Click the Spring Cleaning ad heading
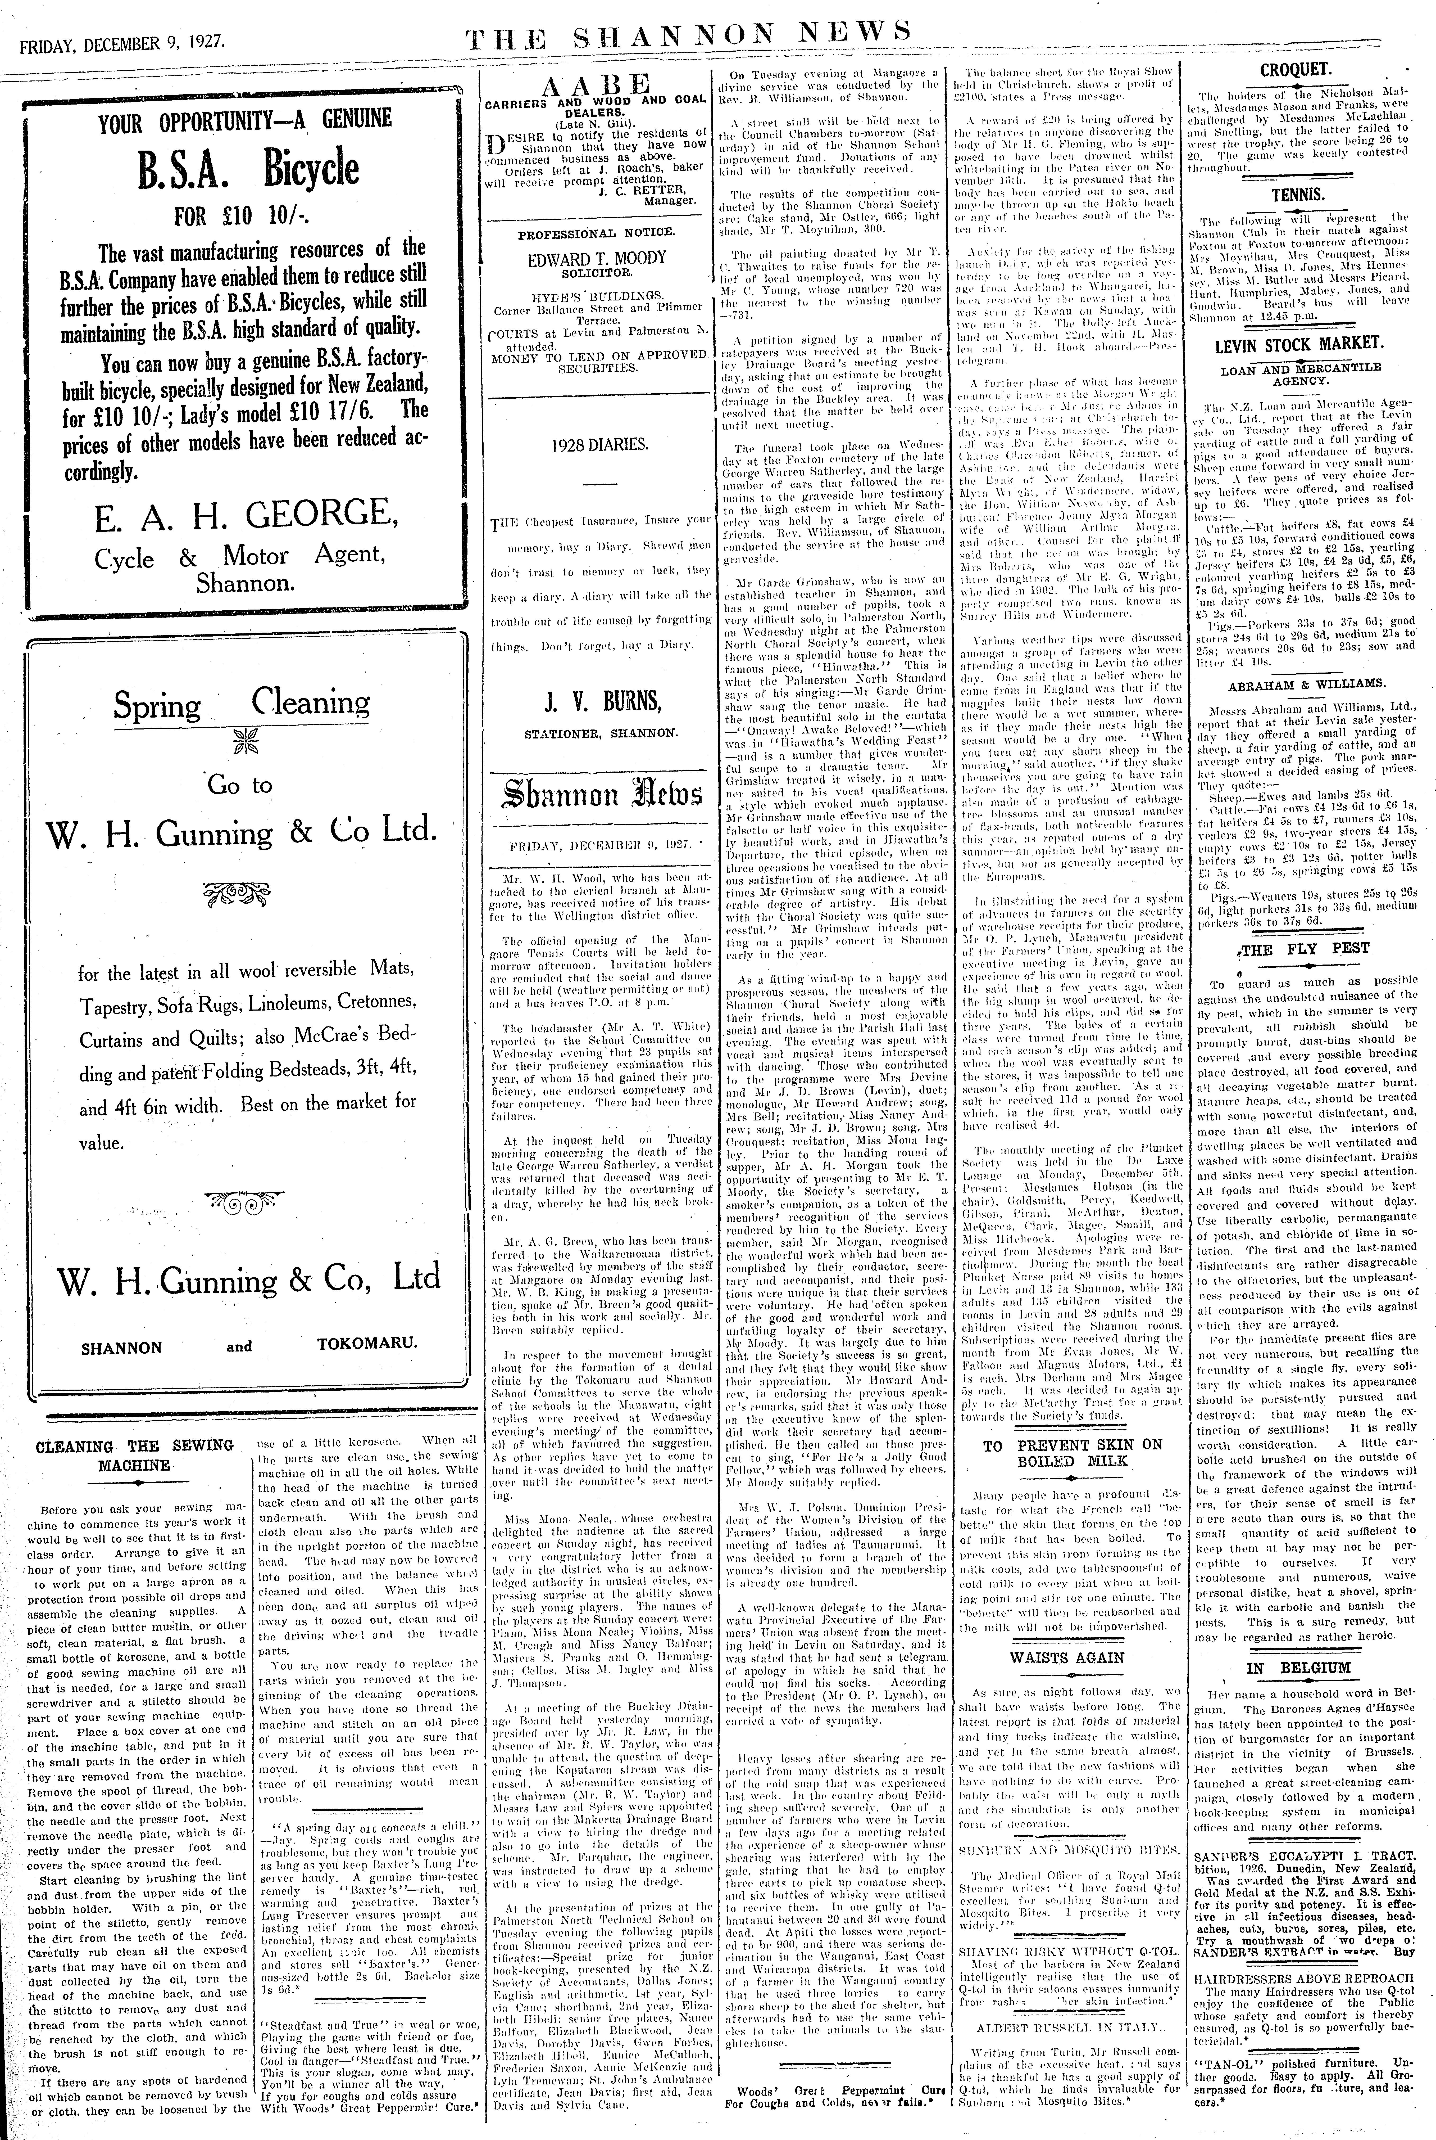click(x=242, y=705)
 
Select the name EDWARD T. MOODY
click(x=596, y=258)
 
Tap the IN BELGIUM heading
click(x=1298, y=1668)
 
